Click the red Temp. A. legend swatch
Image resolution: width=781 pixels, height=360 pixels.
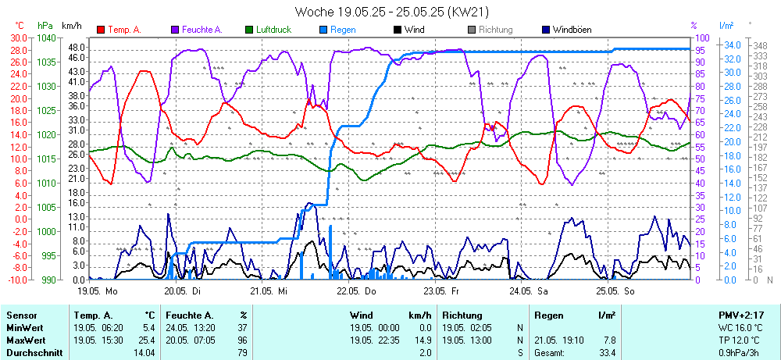(101, 30)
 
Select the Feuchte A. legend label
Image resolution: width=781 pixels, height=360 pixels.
(202, 30)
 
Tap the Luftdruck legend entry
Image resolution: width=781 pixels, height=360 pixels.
(273, 30)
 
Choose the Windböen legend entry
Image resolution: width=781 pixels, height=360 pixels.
(572, 30)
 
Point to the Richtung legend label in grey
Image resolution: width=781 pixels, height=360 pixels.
(495, 30)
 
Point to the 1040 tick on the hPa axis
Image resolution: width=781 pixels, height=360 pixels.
(46, 37)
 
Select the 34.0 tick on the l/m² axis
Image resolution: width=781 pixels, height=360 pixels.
(733, 45)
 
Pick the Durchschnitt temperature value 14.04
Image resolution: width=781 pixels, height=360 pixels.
(145, 353)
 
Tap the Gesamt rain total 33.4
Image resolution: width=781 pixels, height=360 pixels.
(607, 353)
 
